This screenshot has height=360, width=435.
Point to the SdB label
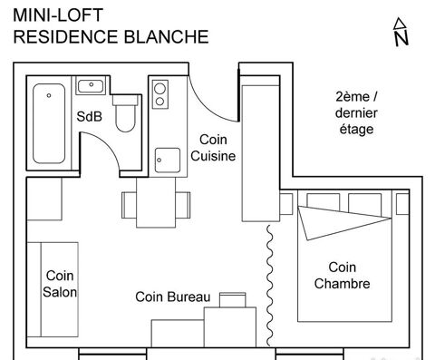89,116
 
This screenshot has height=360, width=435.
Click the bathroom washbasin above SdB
90,87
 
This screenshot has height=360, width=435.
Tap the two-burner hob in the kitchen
160,95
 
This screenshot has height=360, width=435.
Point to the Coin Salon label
60,284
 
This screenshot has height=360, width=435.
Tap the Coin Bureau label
172,297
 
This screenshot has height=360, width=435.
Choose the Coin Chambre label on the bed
342,275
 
